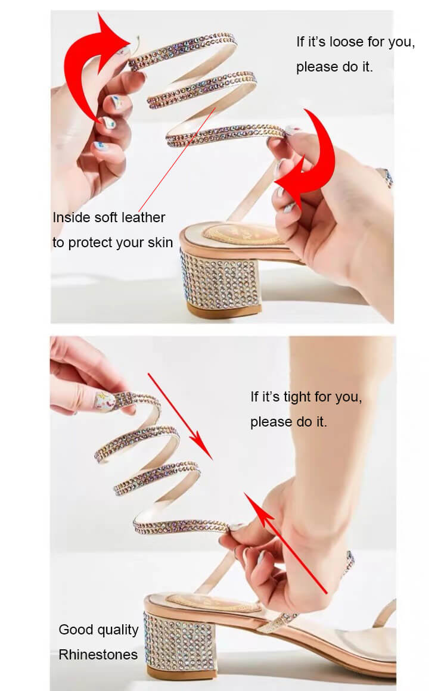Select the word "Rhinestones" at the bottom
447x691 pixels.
point(98,655)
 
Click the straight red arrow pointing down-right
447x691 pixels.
point(180,416)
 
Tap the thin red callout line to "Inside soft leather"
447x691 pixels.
point(177,160)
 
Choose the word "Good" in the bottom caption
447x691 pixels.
point(75,629)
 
